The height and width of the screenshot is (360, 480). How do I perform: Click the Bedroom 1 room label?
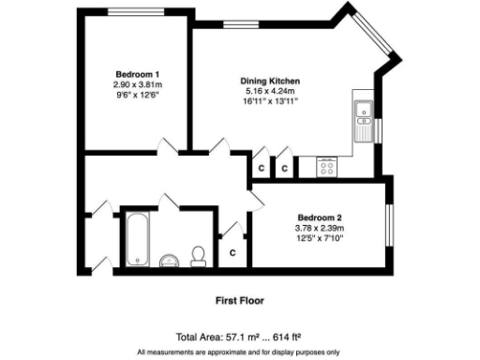pyautogui.click(x=137, y=74)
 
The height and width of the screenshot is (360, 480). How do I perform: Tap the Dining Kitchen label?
pyautogui.click(x=270, y=82)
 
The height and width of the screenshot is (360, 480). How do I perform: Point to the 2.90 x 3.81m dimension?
pyautogui.click(x=137, y=83)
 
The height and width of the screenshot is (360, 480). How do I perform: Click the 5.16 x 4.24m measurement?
pyautogui.click(x=270, y=91)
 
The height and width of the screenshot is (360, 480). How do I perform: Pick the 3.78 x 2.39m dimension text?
pyautogui.click(x=321, y=227)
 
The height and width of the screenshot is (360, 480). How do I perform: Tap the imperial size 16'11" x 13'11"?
pyautogui.click(x=270, y=100)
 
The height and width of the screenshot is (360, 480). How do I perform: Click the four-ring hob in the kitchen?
pyautogui.click(x=328, y=167)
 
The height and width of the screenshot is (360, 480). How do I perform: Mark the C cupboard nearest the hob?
pyautogui.click(x=284, y=169)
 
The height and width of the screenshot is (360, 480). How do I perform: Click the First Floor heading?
pyautogui.click(x=240, y=301)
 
